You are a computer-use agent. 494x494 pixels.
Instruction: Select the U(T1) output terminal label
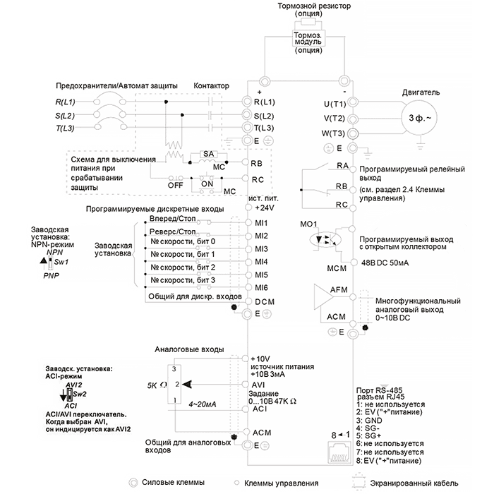[x=334, y=104]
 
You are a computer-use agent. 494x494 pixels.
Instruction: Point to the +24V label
[x=263, y=210]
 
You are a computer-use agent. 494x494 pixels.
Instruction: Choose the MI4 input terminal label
[x=262, y=262]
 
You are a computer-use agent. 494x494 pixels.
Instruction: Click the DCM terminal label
[x=263, y=301]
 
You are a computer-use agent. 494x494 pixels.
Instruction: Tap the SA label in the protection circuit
[x=207, y=154]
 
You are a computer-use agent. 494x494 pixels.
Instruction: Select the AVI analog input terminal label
[x=258, y=384]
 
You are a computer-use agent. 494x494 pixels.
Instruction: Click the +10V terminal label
[x=262, y=359]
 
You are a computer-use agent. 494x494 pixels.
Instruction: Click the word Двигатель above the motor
[x=421, y=92]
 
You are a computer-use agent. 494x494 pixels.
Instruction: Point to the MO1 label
[x=309, y=224]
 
